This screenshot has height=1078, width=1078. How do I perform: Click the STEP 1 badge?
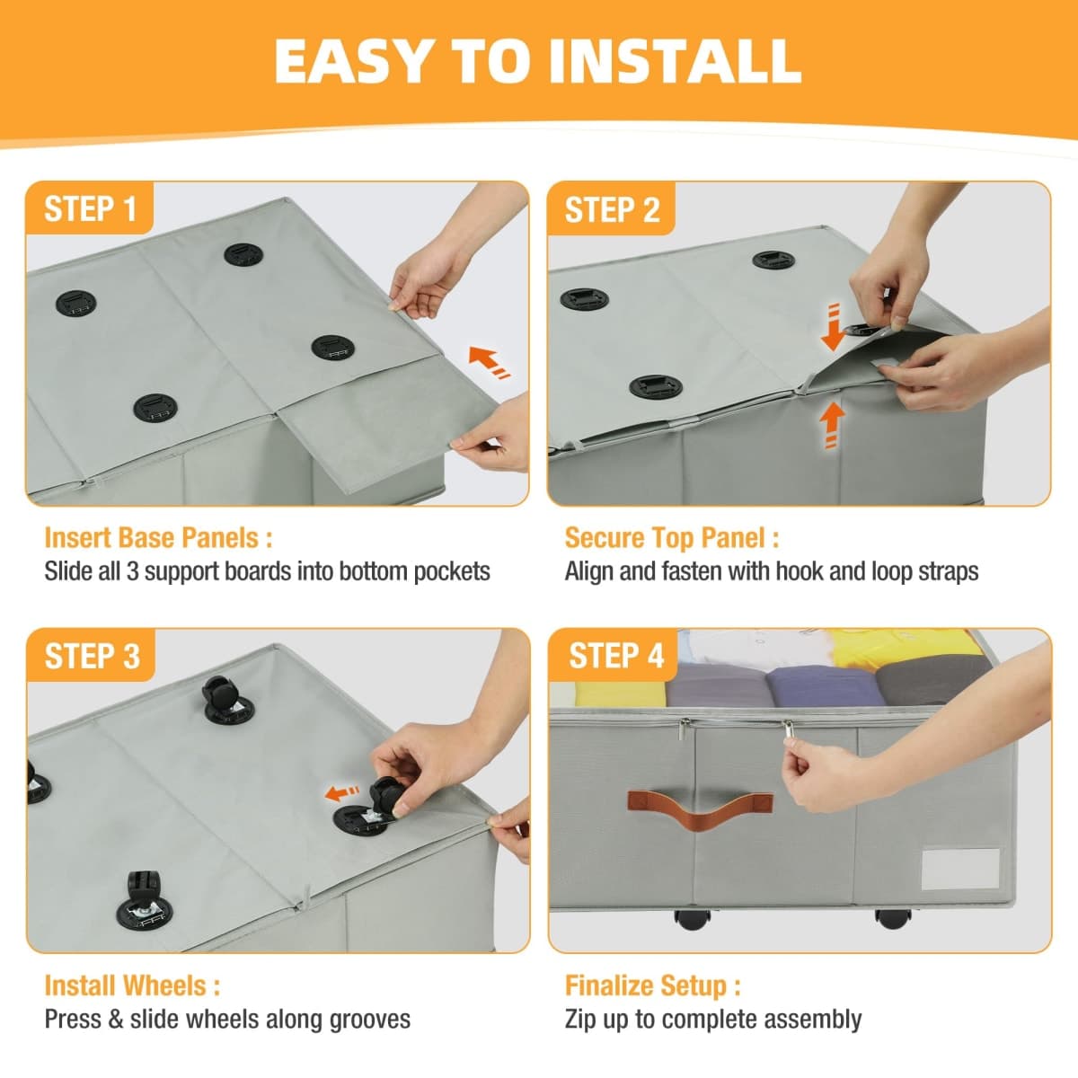click(90, 208)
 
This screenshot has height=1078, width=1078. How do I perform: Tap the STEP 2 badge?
click(612, 208)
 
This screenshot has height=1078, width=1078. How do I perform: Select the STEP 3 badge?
click(92, 655)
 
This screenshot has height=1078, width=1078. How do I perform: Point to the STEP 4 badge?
click(614, 655)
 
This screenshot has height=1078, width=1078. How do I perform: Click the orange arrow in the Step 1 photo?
click(489, 361)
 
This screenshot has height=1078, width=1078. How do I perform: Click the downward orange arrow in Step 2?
click(833, 328)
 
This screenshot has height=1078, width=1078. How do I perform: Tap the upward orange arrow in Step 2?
click(833, 425)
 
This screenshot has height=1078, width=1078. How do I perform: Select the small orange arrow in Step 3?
click(341, 792)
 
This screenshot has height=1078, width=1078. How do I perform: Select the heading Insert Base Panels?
click(158, 538)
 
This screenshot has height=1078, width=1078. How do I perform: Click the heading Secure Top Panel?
click(672, 538)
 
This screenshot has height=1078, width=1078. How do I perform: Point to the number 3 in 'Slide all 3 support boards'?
click(132, 571)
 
